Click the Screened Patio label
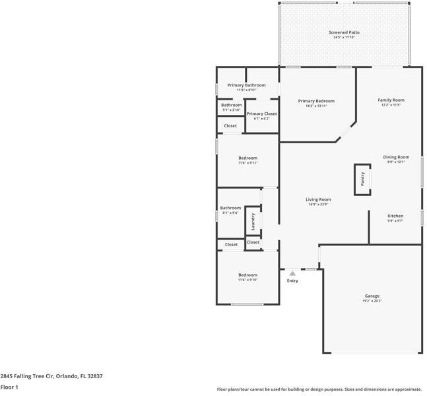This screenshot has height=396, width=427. [344, 32]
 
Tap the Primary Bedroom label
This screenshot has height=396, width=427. [316, 101]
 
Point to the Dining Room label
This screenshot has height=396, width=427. [396, 157]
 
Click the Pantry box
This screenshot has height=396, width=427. [362, 179]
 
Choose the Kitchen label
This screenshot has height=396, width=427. [395, 216]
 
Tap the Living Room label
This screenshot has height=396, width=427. [318, 199]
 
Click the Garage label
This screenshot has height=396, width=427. [372, 296]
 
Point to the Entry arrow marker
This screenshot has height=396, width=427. [292, 272]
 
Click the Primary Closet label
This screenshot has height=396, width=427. [261, 114]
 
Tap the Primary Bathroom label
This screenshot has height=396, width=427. [246, 85]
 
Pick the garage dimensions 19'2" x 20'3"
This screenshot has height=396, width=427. [372, 301]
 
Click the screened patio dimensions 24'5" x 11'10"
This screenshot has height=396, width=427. [344, 37]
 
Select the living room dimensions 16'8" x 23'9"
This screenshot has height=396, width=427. [318, 205]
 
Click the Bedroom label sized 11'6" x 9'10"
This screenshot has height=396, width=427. [247, 275]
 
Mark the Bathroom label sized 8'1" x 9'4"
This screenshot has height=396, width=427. [230, 208]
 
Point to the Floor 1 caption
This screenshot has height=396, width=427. [9, 387]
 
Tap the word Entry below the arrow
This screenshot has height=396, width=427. [292, 280]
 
